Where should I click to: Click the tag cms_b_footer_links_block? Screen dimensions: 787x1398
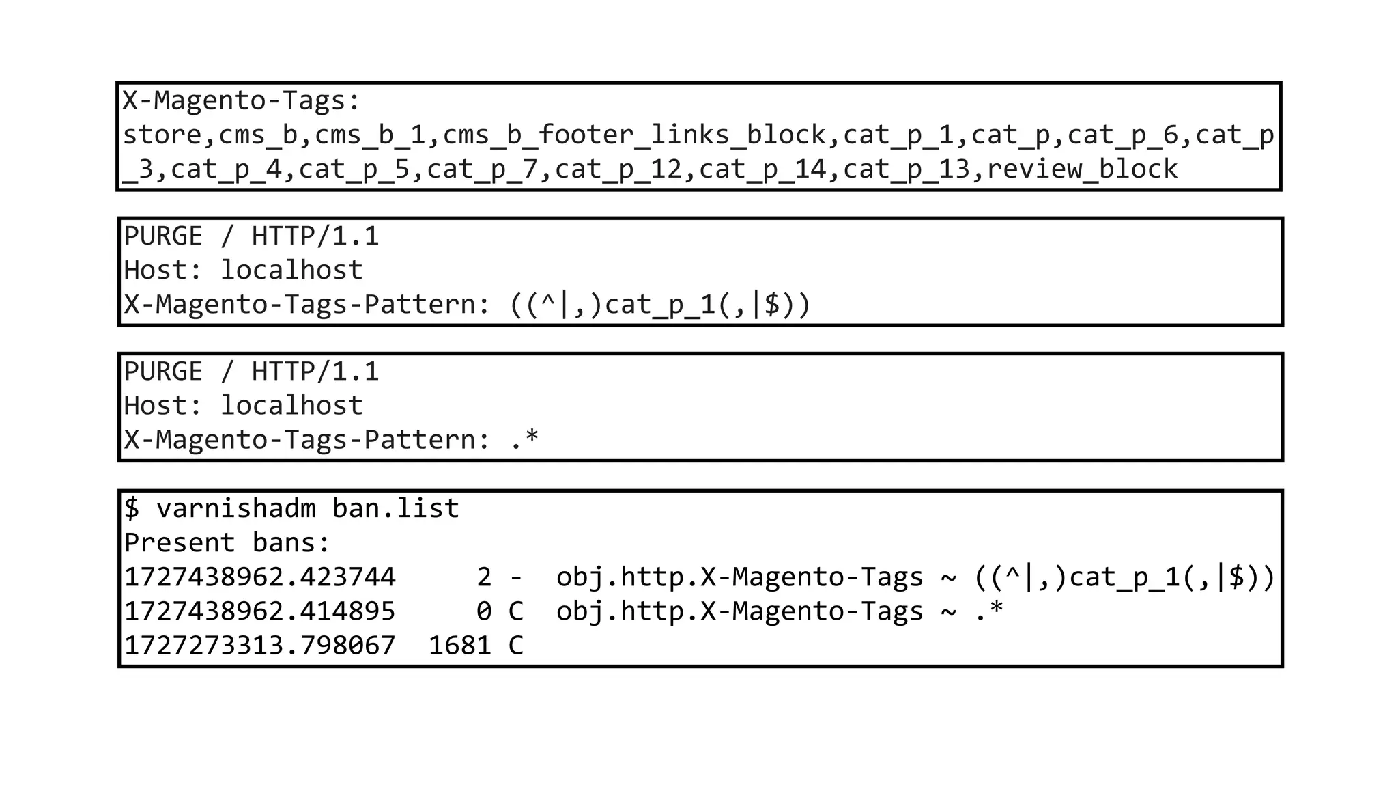click(635, 135)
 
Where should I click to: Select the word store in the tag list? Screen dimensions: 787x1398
click(162, 135)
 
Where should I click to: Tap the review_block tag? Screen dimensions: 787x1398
click(1082, 169)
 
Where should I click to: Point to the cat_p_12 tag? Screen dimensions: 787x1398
click(618, 169)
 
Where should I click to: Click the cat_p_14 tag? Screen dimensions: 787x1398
click(762, 169)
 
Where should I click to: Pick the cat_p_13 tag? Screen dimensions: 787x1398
click(907, 169)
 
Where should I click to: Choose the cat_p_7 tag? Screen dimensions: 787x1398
click(483, 169)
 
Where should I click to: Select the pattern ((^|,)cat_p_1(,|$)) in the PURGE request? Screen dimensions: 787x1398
click(660, 304)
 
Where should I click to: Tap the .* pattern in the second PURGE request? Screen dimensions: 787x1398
click(524, 439)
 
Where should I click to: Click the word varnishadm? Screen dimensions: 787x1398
click(236, 509)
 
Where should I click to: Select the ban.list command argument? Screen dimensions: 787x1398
click(396, 509)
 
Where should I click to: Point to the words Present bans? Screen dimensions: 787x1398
click(227, 543)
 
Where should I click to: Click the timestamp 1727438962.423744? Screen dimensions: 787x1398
click(259, 577)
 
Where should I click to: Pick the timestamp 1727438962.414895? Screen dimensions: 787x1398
click(259, 611)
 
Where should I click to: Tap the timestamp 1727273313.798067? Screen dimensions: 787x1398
click(259, 646)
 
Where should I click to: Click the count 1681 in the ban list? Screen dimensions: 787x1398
click(459, 646)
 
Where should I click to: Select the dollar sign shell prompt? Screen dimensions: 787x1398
click(132, 509)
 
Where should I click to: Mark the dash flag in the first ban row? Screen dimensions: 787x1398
click(516, 577)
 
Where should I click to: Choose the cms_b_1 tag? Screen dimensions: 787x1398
click(371, 135)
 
